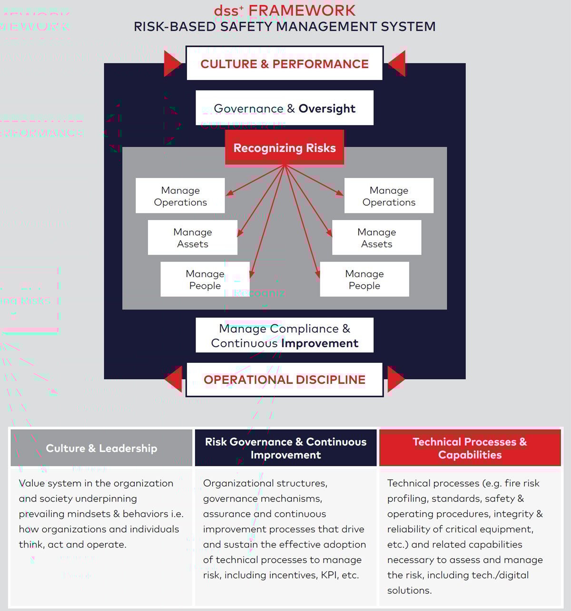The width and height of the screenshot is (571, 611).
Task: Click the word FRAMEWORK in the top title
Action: click(x=302, y=10)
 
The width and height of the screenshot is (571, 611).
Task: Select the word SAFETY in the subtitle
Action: click(x=246, y=27)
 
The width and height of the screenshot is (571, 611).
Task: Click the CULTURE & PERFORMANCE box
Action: click(x=285, y=64)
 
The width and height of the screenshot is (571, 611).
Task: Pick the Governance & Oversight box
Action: click(x=285, y=108)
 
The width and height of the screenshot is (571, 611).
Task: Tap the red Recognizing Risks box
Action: click(x=285, y=148)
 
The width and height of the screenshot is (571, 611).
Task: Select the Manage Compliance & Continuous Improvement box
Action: click(x=285, y=335)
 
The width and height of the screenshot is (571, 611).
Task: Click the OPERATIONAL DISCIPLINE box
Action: click(x=285, y=380)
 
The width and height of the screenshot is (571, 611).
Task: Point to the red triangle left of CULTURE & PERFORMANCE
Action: click(x=172, y=63)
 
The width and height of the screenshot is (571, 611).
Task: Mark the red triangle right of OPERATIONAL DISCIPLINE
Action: click(x=395, y=379)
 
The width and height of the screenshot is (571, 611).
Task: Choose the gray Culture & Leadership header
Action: click(x=101, y=448)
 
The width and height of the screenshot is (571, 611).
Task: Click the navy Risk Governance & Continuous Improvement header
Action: click(x=285, y=448)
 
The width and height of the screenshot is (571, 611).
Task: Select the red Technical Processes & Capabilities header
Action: click(x=470, y=448)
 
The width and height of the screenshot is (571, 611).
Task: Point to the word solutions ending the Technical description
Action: click(x=409, y=591)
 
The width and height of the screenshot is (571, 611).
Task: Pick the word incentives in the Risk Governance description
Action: click(x=292, y=575)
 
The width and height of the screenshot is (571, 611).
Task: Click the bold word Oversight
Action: click(x=327, y=109)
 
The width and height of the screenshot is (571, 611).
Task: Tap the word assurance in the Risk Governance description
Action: click(x=226, y=514)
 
